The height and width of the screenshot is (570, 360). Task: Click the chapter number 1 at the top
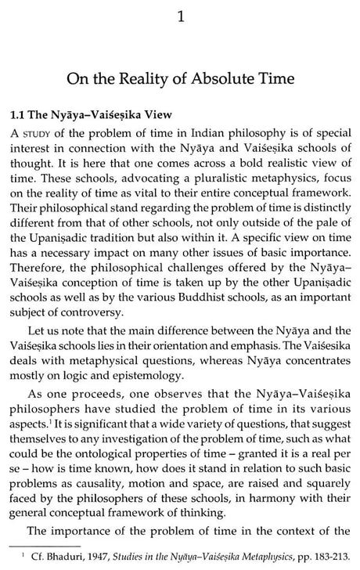pos(180,14)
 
